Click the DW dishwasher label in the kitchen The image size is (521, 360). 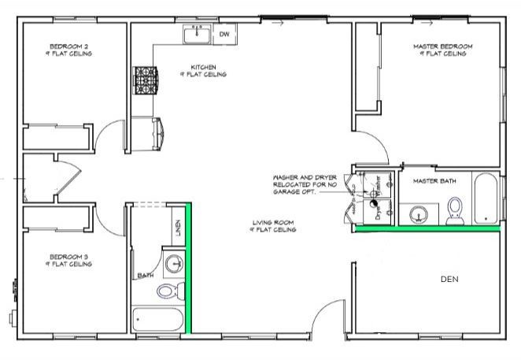pyautogui.click(x=224, y=34)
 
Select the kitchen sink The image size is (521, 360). pyautogui.click(x=197, y=35)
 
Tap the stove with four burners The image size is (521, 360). pyautogui.click(x=146, y=80)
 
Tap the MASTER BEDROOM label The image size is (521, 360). pyautogui.click(x=443, y=47)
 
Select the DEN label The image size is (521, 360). pyautogui.click(x=449, y=279)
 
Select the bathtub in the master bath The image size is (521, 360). pyautogui.click(x=486, y=197)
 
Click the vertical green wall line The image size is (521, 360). pyautogui.click(x=189, y=268)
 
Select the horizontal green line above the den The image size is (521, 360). pyautogui.click(x=426, y=231)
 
